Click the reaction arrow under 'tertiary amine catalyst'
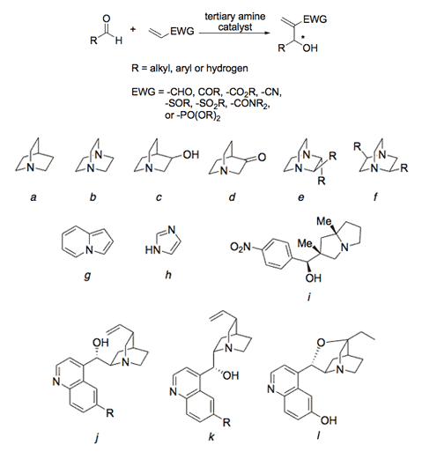(234, 33)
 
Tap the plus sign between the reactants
(133, 29)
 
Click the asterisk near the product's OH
(302, 38)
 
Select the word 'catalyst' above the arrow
(235, 27)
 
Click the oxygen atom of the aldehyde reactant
(107, 19)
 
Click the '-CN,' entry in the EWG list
(271, 92)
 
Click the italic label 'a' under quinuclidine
(33, 197)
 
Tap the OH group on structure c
(191, 154)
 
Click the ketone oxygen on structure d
(262, 157)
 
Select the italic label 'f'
(375, 196)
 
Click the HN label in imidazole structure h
(152, 250)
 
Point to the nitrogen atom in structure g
(89, 250)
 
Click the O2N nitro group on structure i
(241, 247)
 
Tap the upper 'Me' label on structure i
(324, 221)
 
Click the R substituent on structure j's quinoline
(109, 413)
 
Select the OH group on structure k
(231, 375)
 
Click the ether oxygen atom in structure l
(322, 342)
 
